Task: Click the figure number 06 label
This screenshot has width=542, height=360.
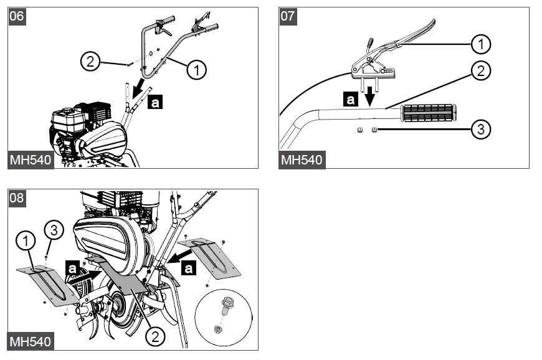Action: coord(17,16)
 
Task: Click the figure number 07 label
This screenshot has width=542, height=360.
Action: coord(288,16)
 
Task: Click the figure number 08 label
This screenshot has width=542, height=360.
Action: coord(17,198)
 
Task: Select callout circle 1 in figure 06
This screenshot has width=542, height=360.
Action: coord(196,70)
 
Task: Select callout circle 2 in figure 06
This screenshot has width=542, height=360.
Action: coord(91,61)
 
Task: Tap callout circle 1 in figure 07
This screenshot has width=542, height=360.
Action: coord(480,44)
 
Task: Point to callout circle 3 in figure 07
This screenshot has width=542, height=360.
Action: coord(480,130)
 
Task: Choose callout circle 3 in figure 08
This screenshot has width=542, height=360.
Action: coord(54,230)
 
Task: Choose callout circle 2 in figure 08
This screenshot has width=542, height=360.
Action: coord(155,337)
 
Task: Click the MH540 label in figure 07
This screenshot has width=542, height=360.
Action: coord(302,159)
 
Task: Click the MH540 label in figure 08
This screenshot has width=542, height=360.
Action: coord(31,341)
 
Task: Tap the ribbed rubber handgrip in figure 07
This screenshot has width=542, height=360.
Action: coord(429,113)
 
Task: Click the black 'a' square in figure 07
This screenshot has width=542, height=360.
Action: coord(351,98)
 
